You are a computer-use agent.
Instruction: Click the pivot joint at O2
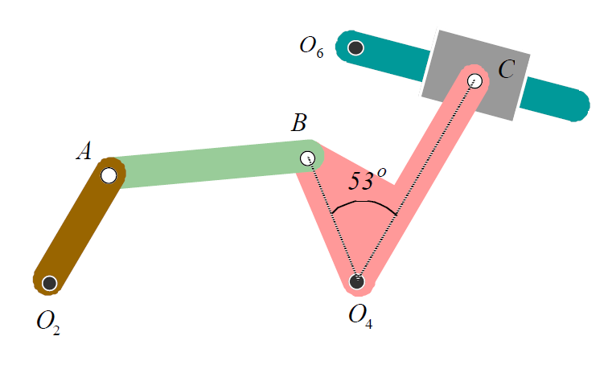point(50,283)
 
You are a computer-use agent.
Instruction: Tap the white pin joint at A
point(109,174)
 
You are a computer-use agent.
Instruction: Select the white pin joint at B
point(307,158)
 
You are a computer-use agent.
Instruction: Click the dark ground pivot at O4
point(357,281)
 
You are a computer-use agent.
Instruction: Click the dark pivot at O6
point(355,47)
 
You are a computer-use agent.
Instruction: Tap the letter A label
point(84,151)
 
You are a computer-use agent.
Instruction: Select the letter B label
point(298,123)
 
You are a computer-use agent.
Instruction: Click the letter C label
point(506,70)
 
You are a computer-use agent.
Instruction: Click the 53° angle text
point(367,180)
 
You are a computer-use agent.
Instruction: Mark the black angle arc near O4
point(364,204)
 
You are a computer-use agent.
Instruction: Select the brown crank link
point(79,229)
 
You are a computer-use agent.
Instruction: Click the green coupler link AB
point(209,164)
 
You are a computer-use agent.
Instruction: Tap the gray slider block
point(450,60)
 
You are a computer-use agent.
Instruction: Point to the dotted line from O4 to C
point(416,181)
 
